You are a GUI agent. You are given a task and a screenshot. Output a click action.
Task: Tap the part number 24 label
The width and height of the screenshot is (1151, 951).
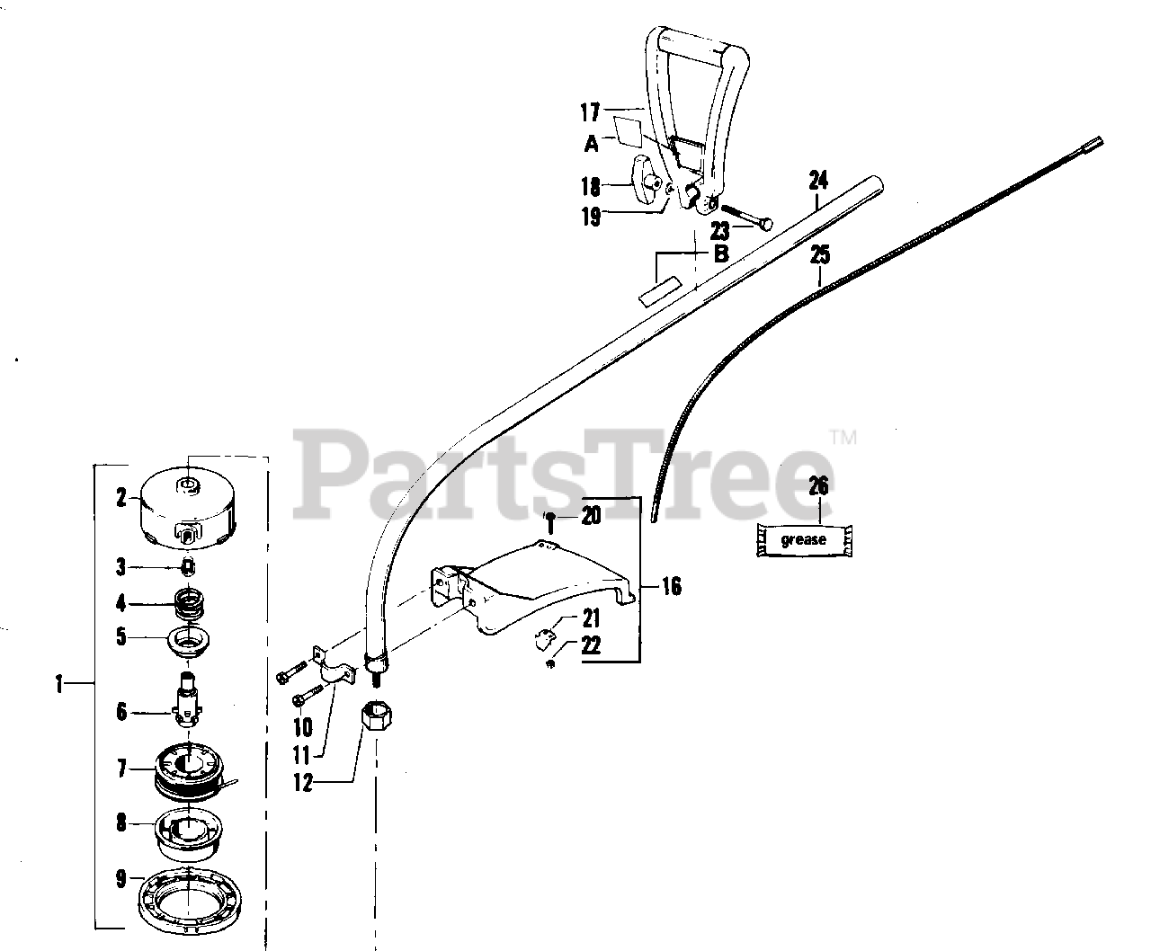[817, 180]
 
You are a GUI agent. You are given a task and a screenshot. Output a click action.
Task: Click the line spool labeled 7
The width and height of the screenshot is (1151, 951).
[191, 774]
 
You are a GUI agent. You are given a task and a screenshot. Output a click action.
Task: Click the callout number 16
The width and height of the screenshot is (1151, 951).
[671, 587]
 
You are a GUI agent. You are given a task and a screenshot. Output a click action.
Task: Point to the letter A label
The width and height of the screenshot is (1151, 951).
[592, 143]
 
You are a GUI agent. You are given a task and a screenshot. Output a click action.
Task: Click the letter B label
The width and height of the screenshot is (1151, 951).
[720, 253]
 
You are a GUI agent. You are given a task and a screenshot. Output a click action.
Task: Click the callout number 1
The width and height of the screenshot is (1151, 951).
[58, 684]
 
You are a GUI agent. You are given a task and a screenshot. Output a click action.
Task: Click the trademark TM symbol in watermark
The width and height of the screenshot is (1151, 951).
[843, 439]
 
